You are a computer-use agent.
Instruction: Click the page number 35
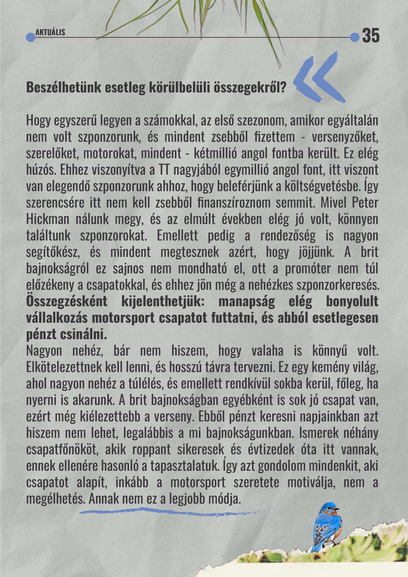pos(371,36)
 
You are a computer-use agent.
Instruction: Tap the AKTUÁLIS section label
pos(50,32)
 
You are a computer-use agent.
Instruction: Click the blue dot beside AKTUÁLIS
pos(30,37)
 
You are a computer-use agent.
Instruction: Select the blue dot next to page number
pos(354,37)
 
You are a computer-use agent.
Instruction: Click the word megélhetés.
pos(56,499)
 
